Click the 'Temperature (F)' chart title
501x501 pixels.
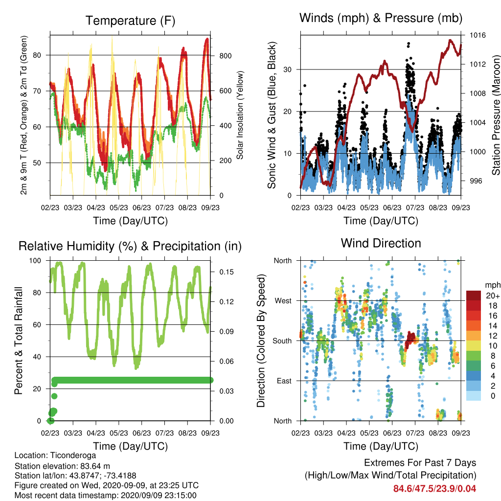point(130,21)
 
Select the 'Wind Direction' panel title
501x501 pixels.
point(381,243)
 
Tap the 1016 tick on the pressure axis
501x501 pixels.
point(478,35)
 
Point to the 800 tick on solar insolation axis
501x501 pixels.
point(225,56)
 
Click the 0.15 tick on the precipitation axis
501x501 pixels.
point(226,272)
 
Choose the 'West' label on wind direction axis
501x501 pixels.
point(283,301)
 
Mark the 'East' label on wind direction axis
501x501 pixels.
point(284,381)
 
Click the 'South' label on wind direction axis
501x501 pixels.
point(282,341)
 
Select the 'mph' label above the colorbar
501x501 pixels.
point(492,285)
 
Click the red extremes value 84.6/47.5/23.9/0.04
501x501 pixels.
point(434,489)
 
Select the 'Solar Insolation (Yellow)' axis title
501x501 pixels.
point(240,115)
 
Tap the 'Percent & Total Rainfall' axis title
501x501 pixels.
point(19,341)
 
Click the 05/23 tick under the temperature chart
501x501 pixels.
point(119,207)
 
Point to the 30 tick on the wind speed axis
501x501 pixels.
point(288,69)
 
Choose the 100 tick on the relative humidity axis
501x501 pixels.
point(35,261)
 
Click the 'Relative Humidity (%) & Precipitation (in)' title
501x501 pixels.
point(130,247)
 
